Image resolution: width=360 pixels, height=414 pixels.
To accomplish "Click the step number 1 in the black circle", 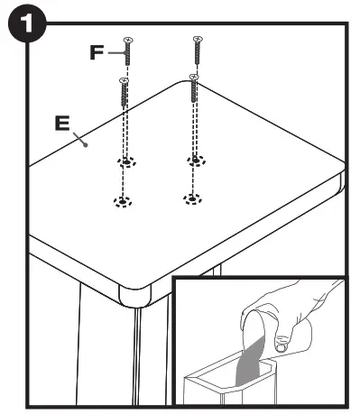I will click(x=23, y=24).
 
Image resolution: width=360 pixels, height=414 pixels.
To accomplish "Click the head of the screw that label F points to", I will click(x=128, y=40).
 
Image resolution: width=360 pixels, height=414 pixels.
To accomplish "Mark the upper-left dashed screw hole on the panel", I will click(x=127, y=162).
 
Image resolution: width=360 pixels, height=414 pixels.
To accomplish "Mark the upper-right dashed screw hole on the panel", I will click(x=193, y=161).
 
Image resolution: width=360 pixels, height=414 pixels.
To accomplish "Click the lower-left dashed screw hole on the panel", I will click(x=120, y=200).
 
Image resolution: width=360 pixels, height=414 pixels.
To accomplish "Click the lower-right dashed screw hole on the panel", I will click(x=189, y=198).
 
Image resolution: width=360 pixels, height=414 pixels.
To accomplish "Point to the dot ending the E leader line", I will click(x=83, y=142).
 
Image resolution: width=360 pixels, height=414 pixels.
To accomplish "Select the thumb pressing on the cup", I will click(x=282, y=342).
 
